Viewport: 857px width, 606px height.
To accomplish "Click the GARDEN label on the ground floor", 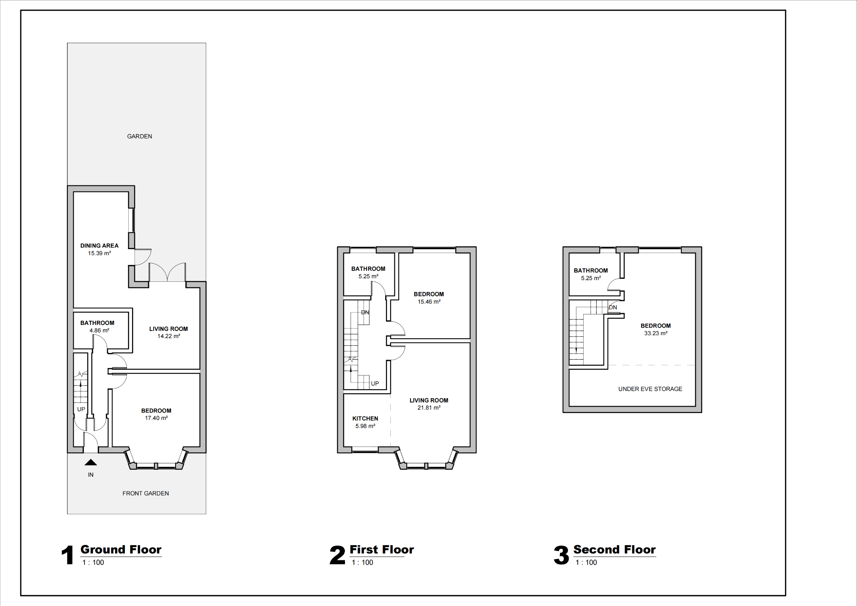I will point(139,136).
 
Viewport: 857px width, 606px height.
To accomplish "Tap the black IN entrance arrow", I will point(91,463).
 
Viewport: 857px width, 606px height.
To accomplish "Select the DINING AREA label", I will point(99,245).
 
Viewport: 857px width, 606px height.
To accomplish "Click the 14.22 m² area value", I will point(169,336).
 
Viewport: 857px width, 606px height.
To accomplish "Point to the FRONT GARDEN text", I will point(146,493).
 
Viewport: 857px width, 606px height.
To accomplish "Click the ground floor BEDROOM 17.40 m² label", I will point(156,411).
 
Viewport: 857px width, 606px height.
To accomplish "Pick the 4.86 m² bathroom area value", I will point(99,331).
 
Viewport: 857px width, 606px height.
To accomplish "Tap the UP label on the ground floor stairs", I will point(81,409).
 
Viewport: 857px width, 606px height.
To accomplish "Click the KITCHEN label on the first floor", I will point(365,419).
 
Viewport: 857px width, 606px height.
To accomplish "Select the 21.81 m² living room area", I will point(429,408).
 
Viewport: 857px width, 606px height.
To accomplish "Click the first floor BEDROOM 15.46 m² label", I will point(429,294).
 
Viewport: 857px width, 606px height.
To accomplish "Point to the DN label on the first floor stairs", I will point(365,312).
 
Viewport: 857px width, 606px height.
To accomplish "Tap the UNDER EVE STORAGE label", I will point(650,389).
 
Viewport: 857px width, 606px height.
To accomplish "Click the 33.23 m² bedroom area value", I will point(656,333).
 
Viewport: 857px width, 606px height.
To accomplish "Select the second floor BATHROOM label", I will point(590,270).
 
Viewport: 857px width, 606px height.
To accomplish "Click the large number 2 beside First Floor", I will point(337,555).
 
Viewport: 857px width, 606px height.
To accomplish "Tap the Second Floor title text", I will point(614,550).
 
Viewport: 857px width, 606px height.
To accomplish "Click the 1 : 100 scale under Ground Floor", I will point(93,562).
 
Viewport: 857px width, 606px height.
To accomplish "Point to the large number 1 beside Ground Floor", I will point(68,555).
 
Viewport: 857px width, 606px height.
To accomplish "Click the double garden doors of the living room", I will point(167,273).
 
